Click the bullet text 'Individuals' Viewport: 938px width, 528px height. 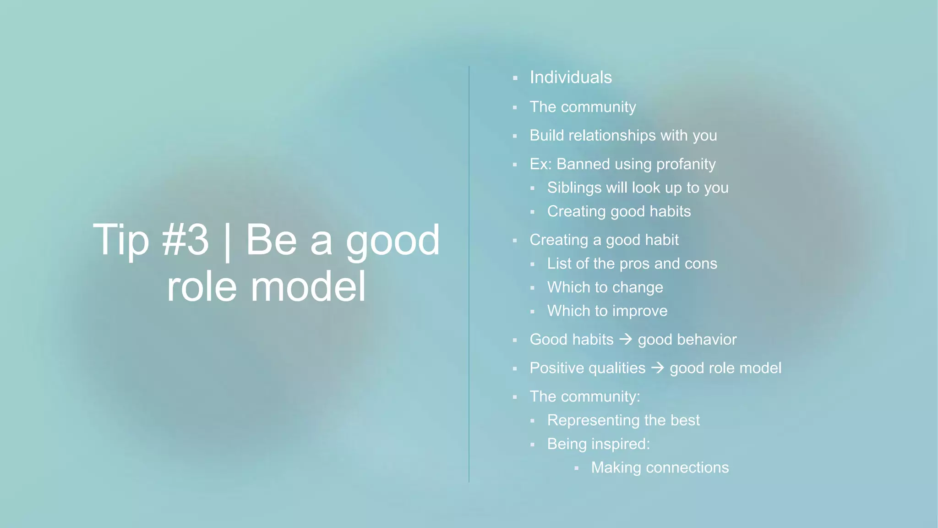pyautogui.click(x=570, y=77)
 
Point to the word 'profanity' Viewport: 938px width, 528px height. pyautogui.click(x=686, y=164)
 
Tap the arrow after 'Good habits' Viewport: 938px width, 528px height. pyautogui.click(x=626, y=340)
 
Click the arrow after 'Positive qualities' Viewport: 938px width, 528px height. pyautogui.click(x=658, y=368)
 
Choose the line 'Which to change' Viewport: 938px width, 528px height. pyautogui.click(x=605, y=287)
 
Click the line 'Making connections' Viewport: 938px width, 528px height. pyautogui.click(x=660, y=467)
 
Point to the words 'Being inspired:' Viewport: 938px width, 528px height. pyautogui.click(x=598, y=444)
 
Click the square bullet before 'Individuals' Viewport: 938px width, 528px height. pyautogui.click(x=515, y=78)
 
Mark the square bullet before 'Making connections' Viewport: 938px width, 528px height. pyautogui.click(x=576, y=468)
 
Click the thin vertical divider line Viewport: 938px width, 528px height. pyautogui.click(x=469, y=275)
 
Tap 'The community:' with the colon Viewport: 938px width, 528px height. pyautogui.click(x=584, y=396)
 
